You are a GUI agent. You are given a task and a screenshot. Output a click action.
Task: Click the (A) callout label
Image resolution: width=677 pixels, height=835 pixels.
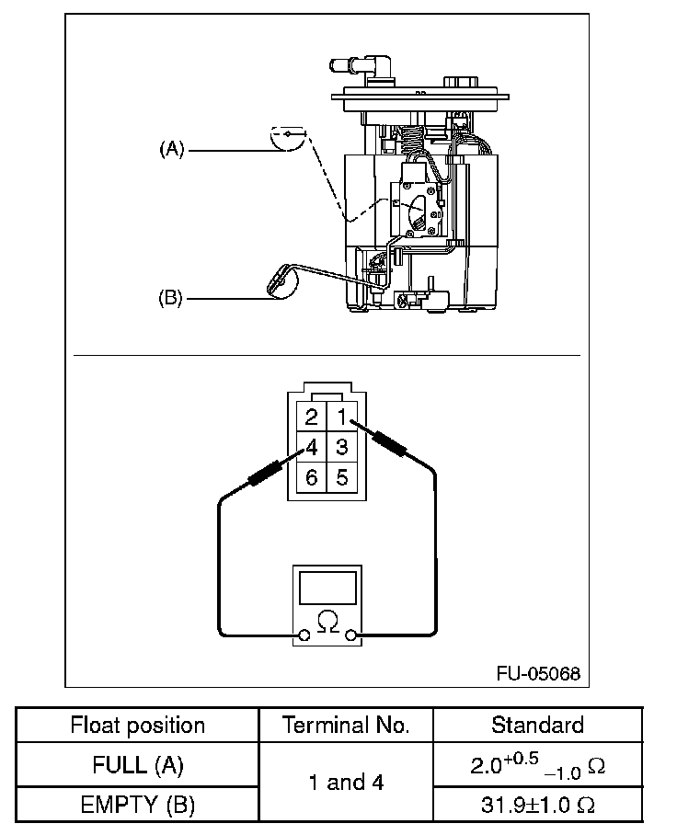click(x=171, y=149)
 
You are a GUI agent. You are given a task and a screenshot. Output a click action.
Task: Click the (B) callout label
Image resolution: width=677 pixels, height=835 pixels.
click(x=170, y=297)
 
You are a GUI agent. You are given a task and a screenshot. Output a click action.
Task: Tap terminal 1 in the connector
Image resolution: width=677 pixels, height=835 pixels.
click(x=342, y=417)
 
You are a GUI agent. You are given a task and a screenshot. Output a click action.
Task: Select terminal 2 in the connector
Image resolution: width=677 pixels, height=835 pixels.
click(x=312, y=417)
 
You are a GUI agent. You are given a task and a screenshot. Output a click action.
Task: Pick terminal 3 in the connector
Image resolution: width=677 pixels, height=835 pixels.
click(x=342, y=447)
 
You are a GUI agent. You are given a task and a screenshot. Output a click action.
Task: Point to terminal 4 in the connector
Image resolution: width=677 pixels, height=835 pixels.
click(x=312, y=447)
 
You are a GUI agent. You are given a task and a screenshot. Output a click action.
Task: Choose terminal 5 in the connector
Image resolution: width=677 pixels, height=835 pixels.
click(x=342, y=477)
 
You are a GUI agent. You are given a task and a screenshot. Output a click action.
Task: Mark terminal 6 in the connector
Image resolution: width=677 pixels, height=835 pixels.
click(x=312, y=477)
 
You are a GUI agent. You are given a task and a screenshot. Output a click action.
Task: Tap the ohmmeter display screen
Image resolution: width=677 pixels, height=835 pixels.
click(x=327, y=588)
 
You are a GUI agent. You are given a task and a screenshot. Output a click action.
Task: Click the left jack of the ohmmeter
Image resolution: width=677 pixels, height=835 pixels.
click(x=304, y=635)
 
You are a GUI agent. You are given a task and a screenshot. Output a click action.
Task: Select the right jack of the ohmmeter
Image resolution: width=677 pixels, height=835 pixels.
click(x=350, y=635)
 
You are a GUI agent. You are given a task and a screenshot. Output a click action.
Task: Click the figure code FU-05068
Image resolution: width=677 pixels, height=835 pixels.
click(x=538, y=674)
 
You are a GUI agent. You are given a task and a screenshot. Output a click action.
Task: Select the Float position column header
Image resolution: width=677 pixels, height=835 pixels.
click(x=137, y=726)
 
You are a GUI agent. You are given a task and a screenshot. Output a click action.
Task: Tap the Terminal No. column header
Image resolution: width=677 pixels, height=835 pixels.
click(x=346, y=725)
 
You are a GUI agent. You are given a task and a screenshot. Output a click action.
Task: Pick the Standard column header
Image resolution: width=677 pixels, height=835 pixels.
click(x=537, y=725)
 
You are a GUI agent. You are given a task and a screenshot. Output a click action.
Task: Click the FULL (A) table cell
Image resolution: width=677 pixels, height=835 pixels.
click(x=137, y=765)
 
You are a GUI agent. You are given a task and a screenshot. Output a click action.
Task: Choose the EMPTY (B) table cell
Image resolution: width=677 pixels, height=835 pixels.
click(x=137, y=805)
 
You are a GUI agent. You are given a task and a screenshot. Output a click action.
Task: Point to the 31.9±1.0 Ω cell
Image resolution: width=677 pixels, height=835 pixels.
click(x=538, y=805)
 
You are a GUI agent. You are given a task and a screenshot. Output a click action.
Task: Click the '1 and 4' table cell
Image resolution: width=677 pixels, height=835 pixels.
click(x=346, y=783)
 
